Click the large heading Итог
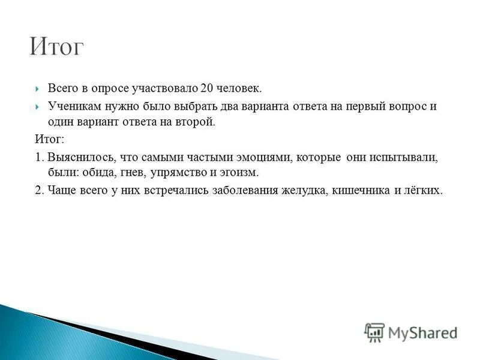point(57,47)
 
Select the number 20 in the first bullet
point(207,89)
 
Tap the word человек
point(239,89)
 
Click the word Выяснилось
point(74,157)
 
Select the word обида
point(91,173)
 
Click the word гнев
point(125,173)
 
